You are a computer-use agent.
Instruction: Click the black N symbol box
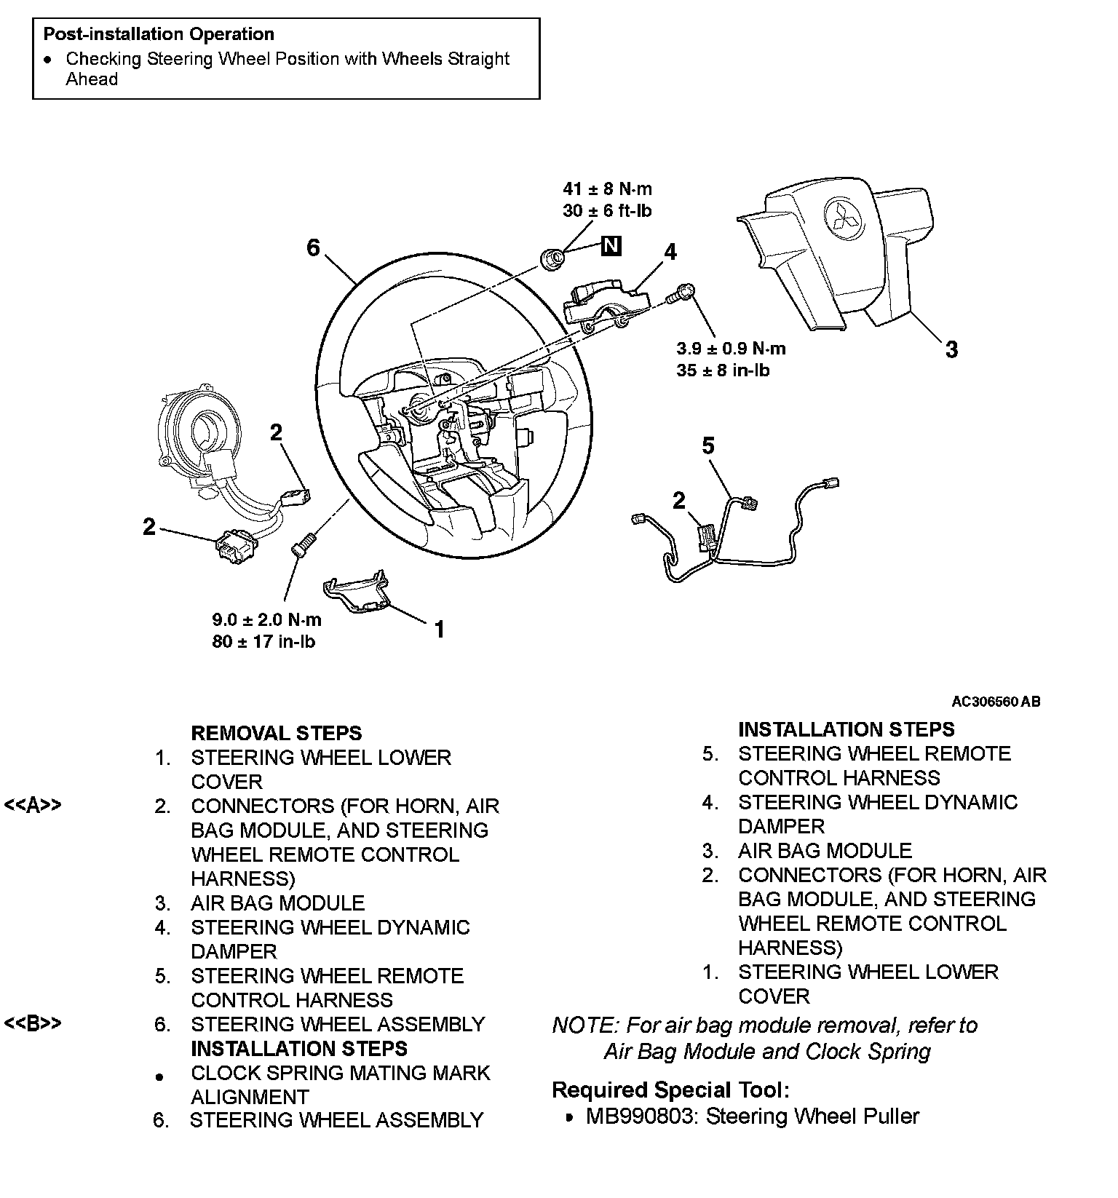pos(611,246)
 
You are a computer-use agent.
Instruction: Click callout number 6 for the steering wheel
pos(313,248)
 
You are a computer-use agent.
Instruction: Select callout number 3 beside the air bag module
pos(951,349)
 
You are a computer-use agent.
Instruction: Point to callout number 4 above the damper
pos(670,252)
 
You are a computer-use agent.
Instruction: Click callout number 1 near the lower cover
pos(439,629)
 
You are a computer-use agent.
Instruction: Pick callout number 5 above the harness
pos(708,445)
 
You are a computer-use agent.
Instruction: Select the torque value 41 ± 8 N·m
pos(608,189)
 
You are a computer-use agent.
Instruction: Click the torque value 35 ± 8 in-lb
pos(723,370)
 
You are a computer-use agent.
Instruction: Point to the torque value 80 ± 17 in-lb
pos(263,642)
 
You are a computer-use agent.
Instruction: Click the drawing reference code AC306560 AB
pos(996,702)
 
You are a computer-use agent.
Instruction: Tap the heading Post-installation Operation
pos(159,34)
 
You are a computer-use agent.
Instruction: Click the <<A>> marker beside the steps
pos(33,805)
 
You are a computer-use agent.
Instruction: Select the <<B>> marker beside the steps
pos(33,1023)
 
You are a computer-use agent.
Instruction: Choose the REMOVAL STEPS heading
pos(276,733)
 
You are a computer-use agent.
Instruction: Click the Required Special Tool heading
pos(670,1090)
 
